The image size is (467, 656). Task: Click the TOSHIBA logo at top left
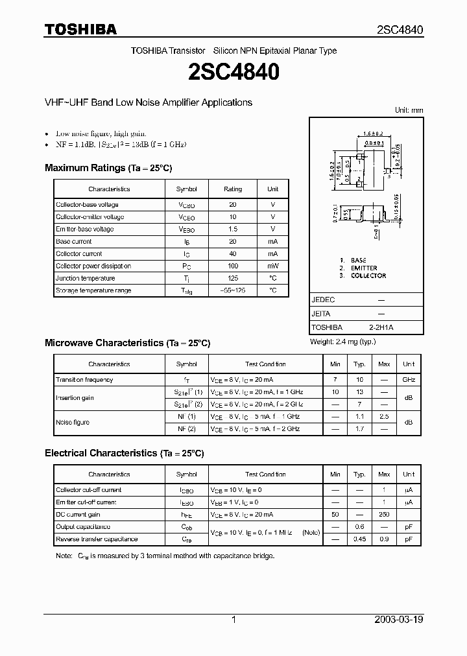80,29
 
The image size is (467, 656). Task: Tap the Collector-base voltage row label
87,205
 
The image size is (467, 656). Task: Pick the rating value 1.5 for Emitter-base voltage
233,229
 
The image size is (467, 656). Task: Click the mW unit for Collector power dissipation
272,266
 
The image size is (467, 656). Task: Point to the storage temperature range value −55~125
233,291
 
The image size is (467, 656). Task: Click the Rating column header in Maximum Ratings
233,189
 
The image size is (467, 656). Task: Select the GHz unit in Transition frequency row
409,380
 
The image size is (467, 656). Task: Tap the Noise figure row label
73,423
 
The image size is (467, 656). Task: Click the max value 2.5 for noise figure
384,417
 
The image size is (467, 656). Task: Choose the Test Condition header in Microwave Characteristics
265,364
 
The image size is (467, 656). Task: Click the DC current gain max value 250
384,515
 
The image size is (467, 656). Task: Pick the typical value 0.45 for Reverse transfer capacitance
359,539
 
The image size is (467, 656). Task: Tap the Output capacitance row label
83,527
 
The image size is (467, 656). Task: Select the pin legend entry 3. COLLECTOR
363,276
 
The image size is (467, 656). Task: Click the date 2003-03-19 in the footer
399,620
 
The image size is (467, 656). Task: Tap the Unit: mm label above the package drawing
409,110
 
